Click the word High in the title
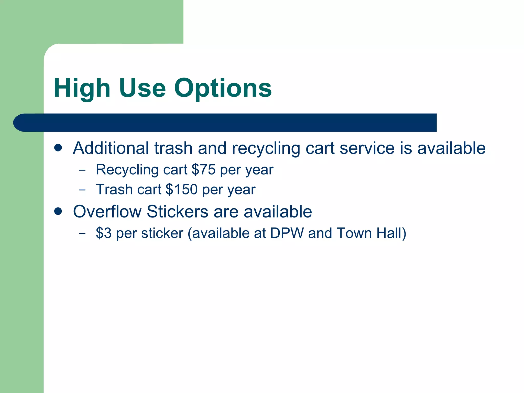click(82, 88)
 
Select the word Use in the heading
click(142, 88)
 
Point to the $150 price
click(181, 189)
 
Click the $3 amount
click(104, 233)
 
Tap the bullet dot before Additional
click(58, 148)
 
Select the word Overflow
click(107, 212)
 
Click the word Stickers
click(178, 212)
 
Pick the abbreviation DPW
click(287, 233)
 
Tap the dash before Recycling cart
click(82, 170)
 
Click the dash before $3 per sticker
click(82, 233)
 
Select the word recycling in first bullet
click(266, 148)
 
